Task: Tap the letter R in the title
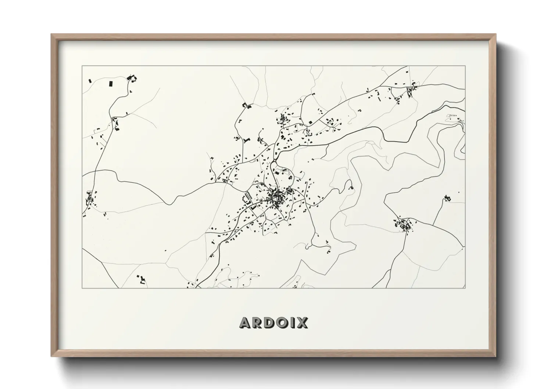259,322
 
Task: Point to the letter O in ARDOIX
284,322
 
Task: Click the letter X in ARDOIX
302,322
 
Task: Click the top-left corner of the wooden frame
51,35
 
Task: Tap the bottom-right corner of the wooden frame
495,356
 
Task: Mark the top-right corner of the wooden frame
495,35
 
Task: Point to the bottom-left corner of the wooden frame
51,356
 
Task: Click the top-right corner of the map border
465,66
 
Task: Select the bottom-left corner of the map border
82,288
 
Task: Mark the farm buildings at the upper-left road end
131,78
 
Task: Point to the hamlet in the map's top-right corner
410,90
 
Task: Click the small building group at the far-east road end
447,198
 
